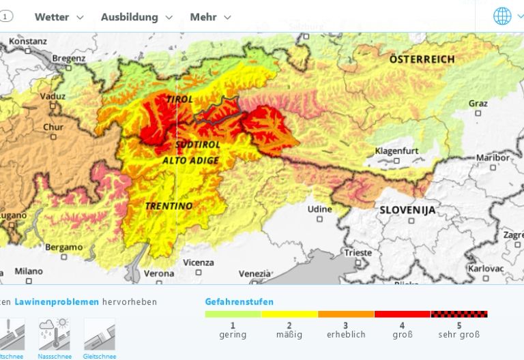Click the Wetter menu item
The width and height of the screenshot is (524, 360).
pos(58,17)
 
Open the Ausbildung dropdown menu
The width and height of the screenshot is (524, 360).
pos(136,17)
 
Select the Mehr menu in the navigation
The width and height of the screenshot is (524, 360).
pos(209,17)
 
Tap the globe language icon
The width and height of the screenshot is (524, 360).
pos(501,16)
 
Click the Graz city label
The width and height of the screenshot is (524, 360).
pos(478,104)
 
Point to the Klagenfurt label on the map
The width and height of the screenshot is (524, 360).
pos(396,150)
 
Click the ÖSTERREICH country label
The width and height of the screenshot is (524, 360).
pos(422,60)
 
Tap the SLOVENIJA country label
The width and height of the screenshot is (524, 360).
pos(407,210)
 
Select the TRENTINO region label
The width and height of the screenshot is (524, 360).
pos(169,205)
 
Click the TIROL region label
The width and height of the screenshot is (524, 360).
pos(179,100)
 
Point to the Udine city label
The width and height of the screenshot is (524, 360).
pos(319,209)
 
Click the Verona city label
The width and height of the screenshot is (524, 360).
pos(158,273)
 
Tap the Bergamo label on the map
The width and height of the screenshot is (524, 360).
pos(65,247)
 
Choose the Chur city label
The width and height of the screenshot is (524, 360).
pos(53,127)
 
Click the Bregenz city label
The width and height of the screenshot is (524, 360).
pos(69,59)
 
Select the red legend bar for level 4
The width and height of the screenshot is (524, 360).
pos(402,314)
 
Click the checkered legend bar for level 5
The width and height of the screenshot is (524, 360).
pos(458,314)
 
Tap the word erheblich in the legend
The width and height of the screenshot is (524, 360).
pos(346,335)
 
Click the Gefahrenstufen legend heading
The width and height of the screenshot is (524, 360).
pos(239,301)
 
